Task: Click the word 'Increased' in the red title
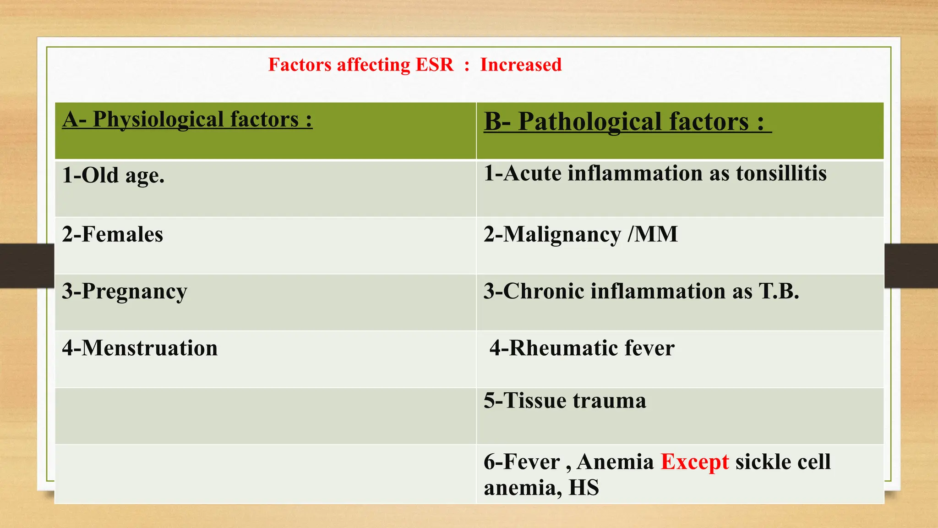tap(521, 65)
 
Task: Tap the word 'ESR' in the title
tap(434, 65)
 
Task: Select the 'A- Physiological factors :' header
tap(187, 120)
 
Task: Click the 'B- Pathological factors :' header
tap(627, 122)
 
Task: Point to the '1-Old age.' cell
tap(113, 176)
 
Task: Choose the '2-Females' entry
tap(113, 234)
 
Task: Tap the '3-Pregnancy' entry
tap(125, 291)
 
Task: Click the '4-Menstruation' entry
tap(140, 348)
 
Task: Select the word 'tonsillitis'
tap(781, 174)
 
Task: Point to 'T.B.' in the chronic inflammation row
tap(779, 291)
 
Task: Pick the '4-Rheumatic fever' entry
tap(582, 348)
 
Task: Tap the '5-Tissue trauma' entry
tap(565, 401)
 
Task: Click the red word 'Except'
tap(694, 462)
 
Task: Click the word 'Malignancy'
tap(562, 235)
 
